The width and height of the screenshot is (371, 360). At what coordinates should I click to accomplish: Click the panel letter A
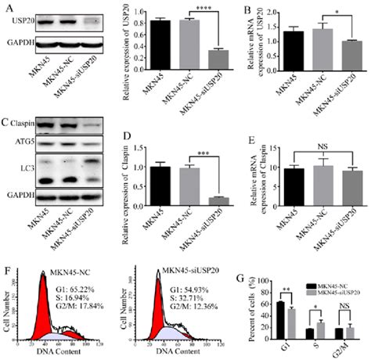click(x=5, y=7)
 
